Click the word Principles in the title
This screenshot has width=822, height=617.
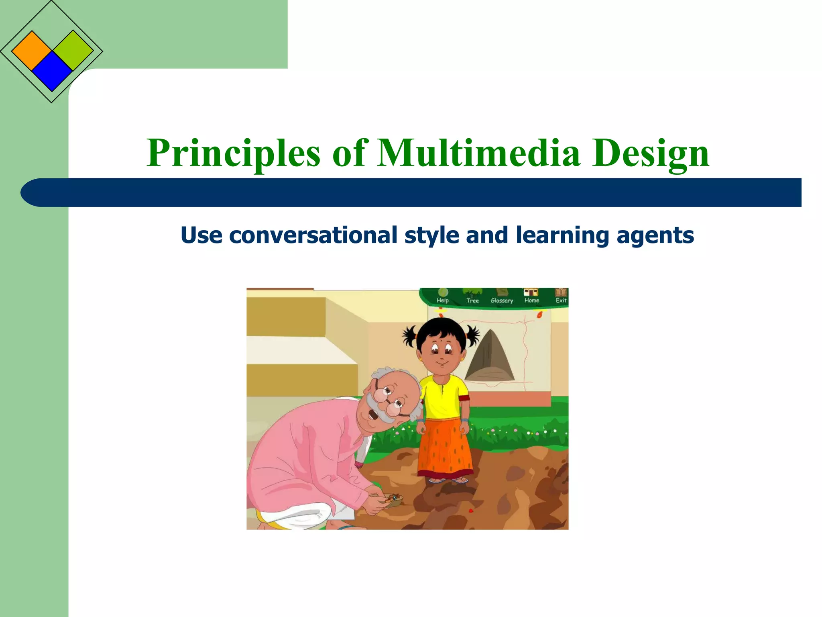(x=233, y=153)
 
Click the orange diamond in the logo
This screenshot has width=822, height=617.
(x=31, y=51)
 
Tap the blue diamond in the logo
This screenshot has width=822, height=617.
(x=52, y=72)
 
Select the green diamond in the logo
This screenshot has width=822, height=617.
(x=73, y=50)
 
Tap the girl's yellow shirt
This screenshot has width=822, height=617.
(x=444, y=396)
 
